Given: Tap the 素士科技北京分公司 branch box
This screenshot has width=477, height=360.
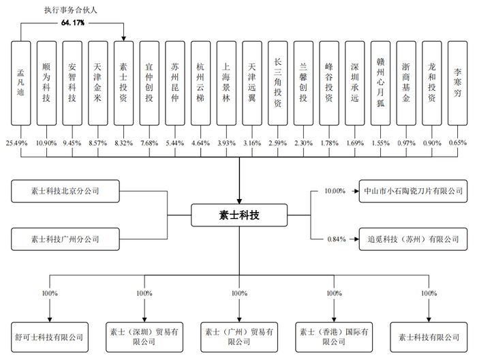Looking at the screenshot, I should click(x=65, y=192).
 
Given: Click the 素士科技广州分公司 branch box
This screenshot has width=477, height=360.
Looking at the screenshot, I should click(x=65, y=239).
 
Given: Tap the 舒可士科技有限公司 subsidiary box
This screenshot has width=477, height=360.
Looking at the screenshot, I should click(x=48, y=336).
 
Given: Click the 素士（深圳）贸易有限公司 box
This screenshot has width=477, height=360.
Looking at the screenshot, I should click(x=144, y=336).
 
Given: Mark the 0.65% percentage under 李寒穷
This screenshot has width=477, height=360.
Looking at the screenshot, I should click(x=459, y=143).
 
